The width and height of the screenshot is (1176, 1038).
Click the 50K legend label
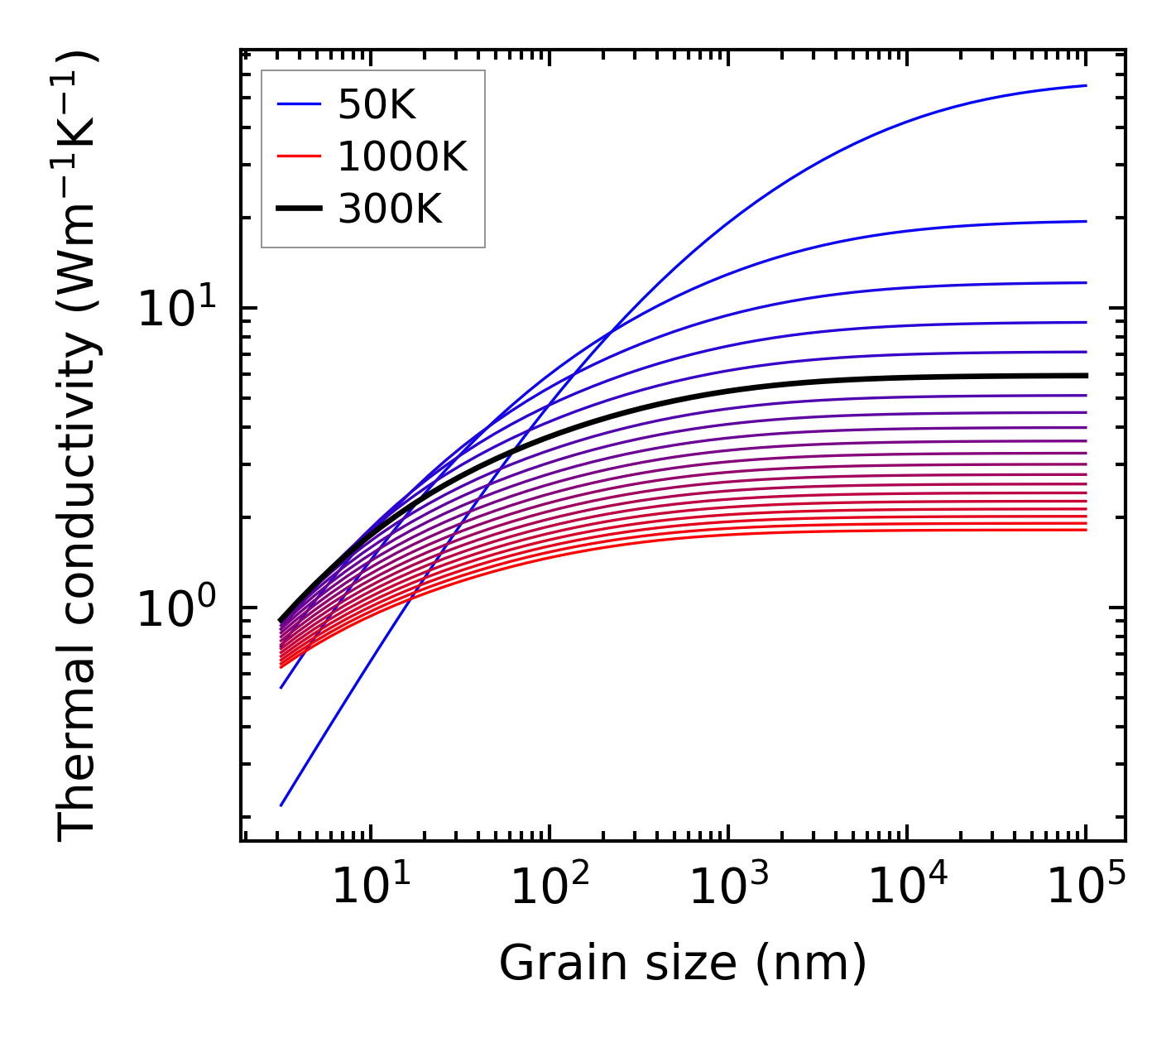[376, 104]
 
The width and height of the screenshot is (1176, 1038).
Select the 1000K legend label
[402, 156]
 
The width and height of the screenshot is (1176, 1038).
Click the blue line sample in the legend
[299, 104]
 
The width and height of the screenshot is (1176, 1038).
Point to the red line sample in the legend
[299, 156]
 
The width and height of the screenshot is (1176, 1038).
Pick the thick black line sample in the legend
[299, 209]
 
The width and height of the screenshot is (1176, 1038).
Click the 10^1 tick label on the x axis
[370, 887]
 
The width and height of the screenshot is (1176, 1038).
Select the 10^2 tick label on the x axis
[549, 887]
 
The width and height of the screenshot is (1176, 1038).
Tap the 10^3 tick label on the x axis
[727, 887]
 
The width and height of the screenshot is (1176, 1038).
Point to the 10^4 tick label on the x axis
[906, 887]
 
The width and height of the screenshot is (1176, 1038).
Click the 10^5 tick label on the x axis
[1085, 887]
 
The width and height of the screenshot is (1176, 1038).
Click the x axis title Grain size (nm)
[683, 964]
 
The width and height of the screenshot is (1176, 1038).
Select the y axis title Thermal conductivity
[79, 447]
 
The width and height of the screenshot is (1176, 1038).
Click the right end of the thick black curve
[1085, 376]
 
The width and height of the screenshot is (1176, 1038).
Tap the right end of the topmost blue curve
[1085, 85]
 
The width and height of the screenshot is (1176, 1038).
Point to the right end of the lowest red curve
[1085, 530]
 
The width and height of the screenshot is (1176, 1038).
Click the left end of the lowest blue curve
[281, 805]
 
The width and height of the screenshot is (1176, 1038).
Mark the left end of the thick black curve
[281, 620]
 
